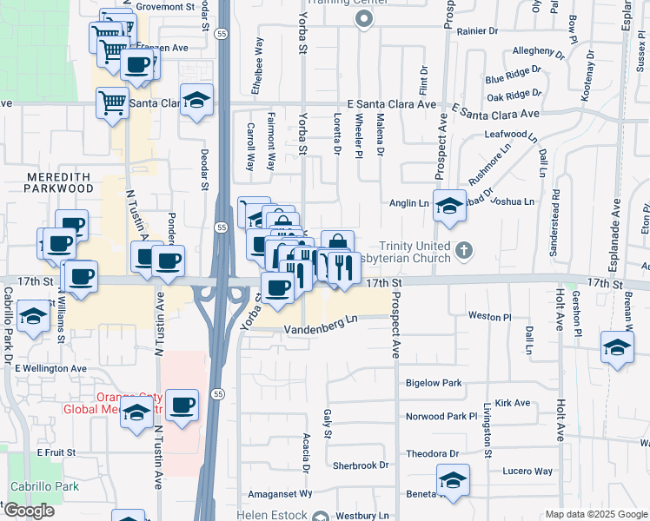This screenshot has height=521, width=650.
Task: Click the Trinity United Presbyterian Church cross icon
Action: [x=464, y=252]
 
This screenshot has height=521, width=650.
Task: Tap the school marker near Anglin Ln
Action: [x=449, y=207]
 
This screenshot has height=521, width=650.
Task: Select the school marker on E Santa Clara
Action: [x=197, y=101]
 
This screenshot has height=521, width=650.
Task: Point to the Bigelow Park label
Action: [x=434, y=383]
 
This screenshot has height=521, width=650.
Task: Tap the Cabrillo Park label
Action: [x=44, y=486]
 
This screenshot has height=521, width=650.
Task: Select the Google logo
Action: [x=29, y=511]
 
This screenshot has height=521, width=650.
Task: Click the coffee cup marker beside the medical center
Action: [x=182, y=406]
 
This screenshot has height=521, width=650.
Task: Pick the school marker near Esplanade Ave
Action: [x=617, y=348]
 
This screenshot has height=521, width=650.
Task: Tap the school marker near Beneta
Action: [x=453, y=480]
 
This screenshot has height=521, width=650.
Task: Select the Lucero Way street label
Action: [x=527, y=471]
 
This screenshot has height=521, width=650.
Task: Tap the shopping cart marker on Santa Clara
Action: [x=113, y=103]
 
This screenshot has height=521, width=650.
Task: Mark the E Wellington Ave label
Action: [x=50, y=368]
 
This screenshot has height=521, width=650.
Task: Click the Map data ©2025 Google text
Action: [x=595, y=514]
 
